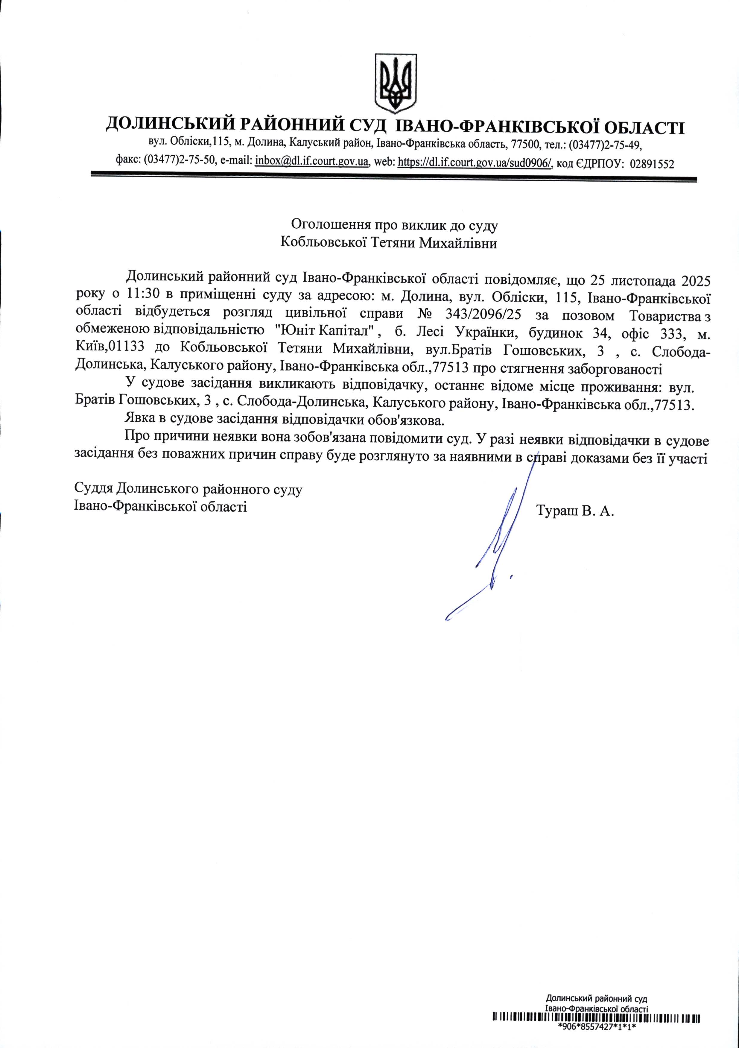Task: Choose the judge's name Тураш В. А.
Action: (576, 510)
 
